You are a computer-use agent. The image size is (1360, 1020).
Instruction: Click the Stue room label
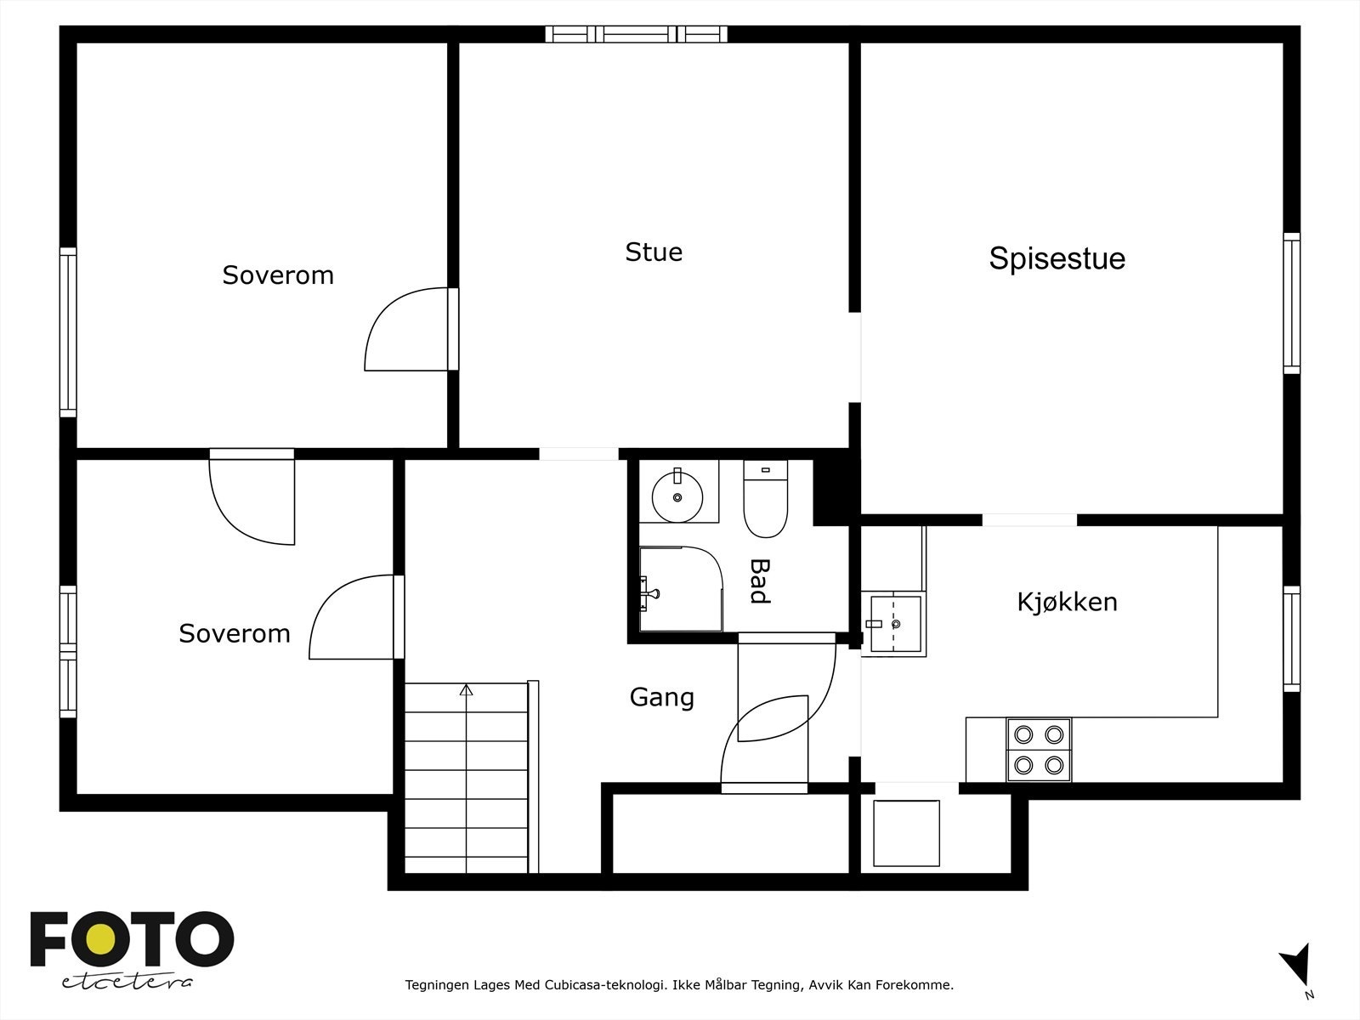(654, 252)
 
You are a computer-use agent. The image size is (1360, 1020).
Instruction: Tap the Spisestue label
(1057, 258)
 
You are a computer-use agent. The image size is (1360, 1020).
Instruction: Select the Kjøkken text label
(1067, 602)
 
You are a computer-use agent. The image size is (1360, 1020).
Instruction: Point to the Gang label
(661, 697)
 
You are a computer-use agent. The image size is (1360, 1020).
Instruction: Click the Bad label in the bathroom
(759, 581)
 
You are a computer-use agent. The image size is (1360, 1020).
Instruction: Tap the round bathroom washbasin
(677, 491)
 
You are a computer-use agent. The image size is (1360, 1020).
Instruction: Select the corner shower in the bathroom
(679, 589)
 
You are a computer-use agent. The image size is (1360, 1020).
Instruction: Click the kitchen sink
(894, 622)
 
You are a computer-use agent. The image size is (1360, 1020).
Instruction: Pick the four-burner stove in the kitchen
(1039, 750)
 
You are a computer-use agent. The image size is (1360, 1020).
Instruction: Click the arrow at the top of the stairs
(466, 690)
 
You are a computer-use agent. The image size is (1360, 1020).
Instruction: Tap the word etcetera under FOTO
(127, 983)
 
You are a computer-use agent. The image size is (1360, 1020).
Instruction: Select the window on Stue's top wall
(636, 34)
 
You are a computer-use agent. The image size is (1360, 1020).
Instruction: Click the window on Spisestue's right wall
(1291, 303)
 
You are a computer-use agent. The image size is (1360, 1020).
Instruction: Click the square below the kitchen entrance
(906, 833)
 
